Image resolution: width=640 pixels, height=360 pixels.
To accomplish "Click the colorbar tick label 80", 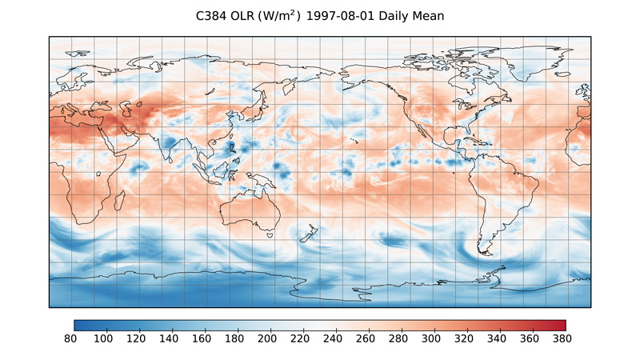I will tap(74, 339).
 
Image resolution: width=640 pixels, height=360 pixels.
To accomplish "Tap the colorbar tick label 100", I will tap(103, 339).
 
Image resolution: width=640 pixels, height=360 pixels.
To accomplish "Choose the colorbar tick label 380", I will tap(566, 339).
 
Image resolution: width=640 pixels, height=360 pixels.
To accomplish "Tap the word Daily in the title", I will tap(403, 16).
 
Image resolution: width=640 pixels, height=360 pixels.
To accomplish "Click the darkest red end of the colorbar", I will tap(562, 326).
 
